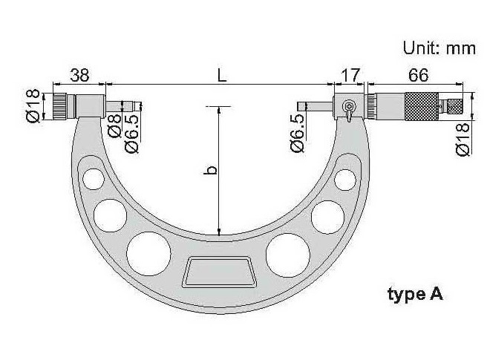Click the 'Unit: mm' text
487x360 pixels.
point(439,48)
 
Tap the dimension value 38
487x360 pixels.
point(79,75)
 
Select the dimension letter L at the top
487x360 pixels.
point(221,75)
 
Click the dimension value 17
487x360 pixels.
point(350,75)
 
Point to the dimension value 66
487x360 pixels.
point(419,75)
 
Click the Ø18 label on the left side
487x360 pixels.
point(33,106)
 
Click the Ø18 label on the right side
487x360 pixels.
point(463,139)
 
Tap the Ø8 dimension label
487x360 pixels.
point(114,125)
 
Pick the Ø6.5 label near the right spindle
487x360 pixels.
point(298,134)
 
